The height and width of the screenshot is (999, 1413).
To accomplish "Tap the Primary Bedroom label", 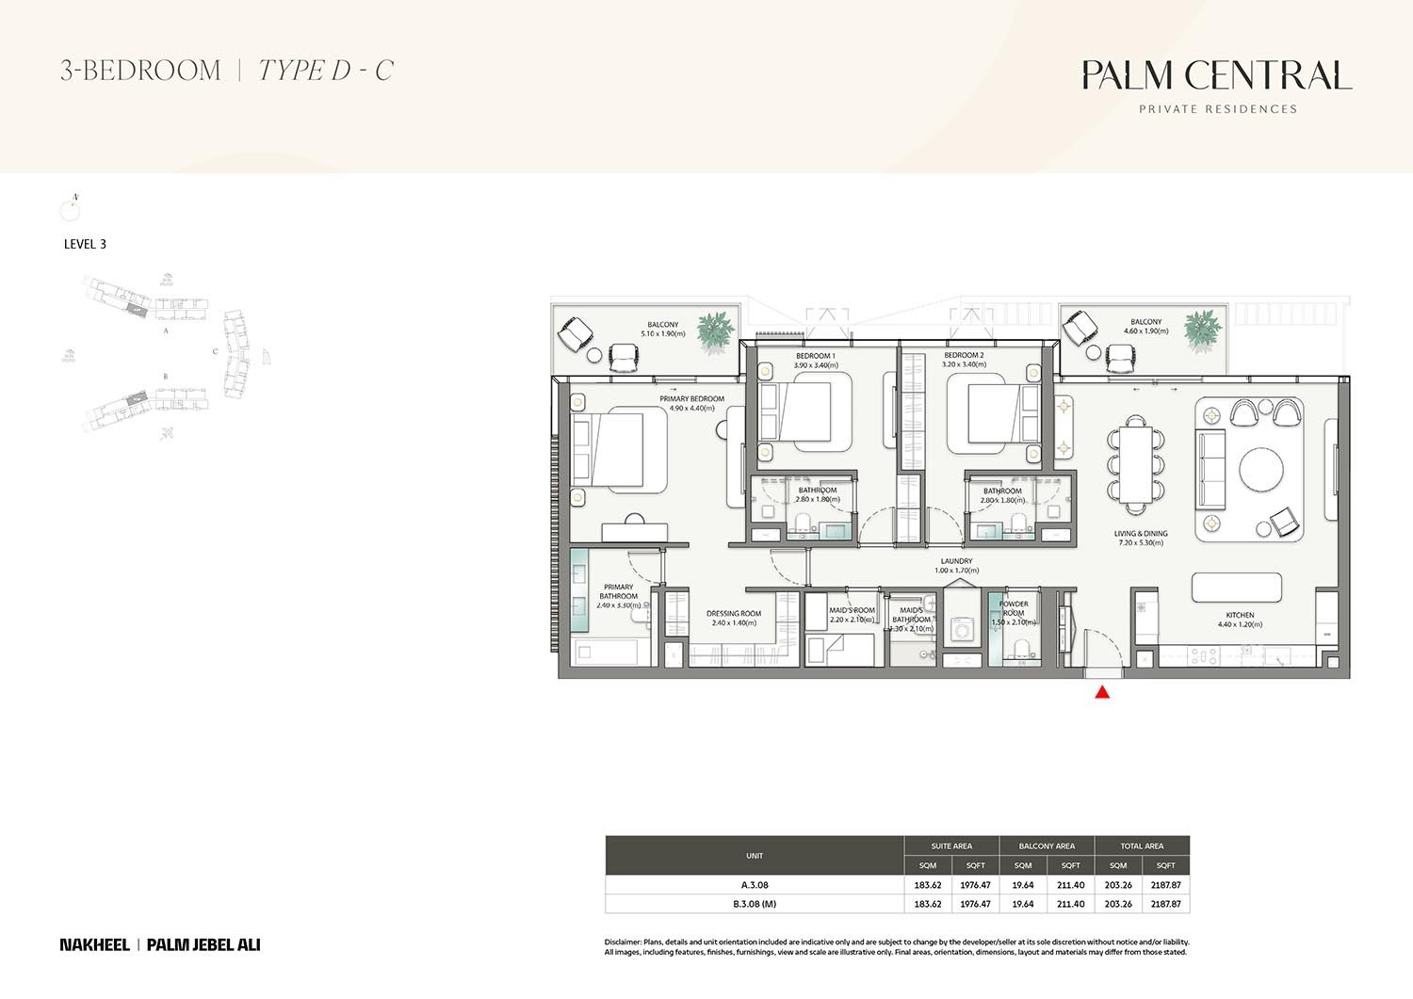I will click(691, 399).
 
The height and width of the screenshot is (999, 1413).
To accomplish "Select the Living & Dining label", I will click(1141, 534).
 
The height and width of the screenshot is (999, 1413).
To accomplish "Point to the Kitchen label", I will click(1240, 615).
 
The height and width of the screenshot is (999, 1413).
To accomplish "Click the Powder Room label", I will click(1014, 608).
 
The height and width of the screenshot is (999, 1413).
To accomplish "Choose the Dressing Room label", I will click(733, 614).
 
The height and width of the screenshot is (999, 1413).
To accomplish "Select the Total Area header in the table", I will click(1142, 846).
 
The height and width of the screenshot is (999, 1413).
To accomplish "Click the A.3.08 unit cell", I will click(755, 885).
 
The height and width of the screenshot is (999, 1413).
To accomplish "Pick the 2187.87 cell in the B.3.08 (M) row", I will click(1165, 904).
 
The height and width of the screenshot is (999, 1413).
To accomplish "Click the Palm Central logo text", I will click(1216, 75).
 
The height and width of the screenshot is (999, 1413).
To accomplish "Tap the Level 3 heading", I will click(85, 244).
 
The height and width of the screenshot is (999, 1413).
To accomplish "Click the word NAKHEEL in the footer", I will click(94, 944).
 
